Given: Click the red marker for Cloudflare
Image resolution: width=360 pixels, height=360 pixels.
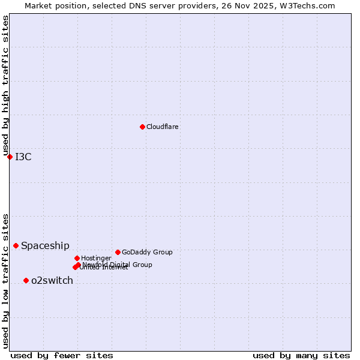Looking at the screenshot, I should click(142, 127).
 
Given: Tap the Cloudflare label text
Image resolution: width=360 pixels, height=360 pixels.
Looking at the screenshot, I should click(163, 127).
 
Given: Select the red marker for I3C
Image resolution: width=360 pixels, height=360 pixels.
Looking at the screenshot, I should click(10, 157).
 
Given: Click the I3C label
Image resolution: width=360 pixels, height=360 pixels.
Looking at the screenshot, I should click(23, 157).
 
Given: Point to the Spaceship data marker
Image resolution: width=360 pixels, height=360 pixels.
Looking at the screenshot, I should click(16, 245).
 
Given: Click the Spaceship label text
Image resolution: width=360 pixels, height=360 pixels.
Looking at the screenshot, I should click(45, 245).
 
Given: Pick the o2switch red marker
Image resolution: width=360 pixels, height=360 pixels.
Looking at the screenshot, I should click(26, 280).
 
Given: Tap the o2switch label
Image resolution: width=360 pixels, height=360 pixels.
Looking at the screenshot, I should click(52, 281).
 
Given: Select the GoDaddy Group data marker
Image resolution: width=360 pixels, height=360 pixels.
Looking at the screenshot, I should click(118, 252).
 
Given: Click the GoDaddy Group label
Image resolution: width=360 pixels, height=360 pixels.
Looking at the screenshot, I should click(147, 252).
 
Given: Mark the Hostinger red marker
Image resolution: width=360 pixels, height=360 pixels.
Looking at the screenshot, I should click(77, 258).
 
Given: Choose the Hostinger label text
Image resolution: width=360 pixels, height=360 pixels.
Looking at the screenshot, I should click(96, 258).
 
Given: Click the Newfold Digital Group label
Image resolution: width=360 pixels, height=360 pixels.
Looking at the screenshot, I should click(118, 264).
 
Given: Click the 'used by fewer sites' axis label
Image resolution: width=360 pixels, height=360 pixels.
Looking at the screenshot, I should click(62, 355).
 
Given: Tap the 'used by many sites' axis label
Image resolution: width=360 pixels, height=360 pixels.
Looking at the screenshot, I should click(301, 355).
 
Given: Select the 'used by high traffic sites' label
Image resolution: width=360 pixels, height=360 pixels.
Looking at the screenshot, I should click(5, 85).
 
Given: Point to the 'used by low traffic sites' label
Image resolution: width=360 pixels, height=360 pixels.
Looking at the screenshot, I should click(5, 280).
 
